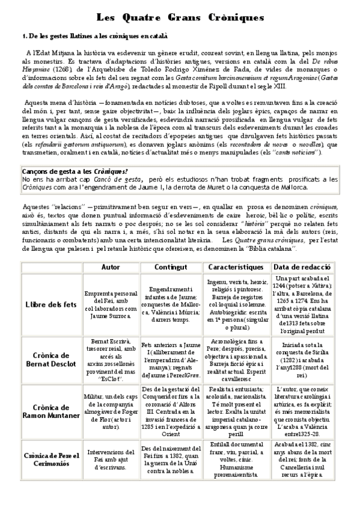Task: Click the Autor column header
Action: (x=111, y=267)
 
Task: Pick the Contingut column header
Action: (x=171, y=267)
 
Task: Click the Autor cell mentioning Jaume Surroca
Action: (x=111, y=305)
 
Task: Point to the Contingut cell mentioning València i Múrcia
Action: (x=171, y=305)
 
